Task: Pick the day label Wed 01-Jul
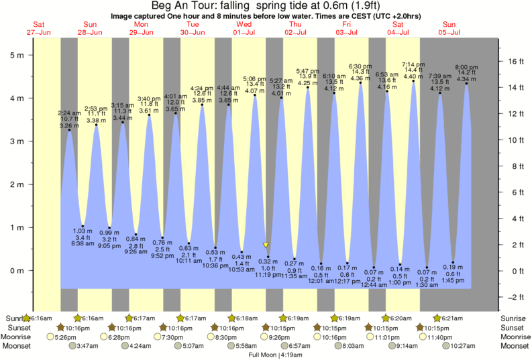click(x=244, y=28)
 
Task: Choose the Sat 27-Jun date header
click(x=38, y=28)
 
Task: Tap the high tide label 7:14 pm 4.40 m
click(x=414, y=71)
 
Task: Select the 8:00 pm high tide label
click(x=467, y=74)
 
